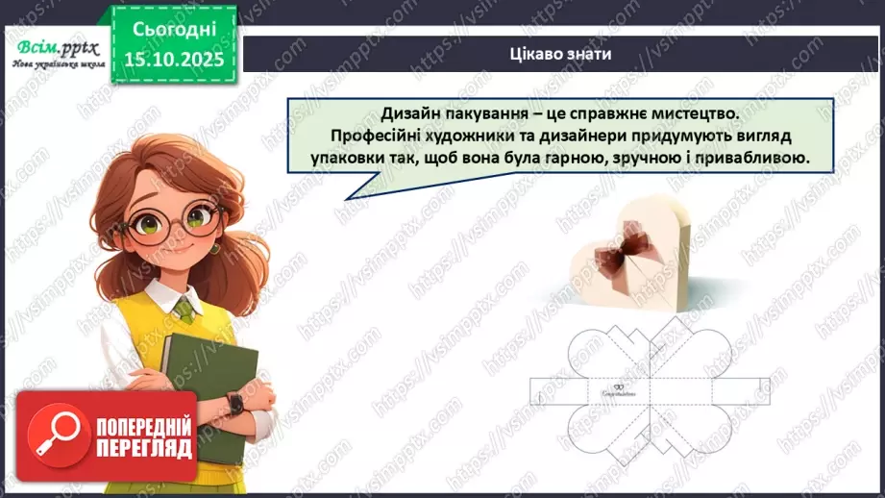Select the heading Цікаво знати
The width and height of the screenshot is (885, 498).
[561, 53]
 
